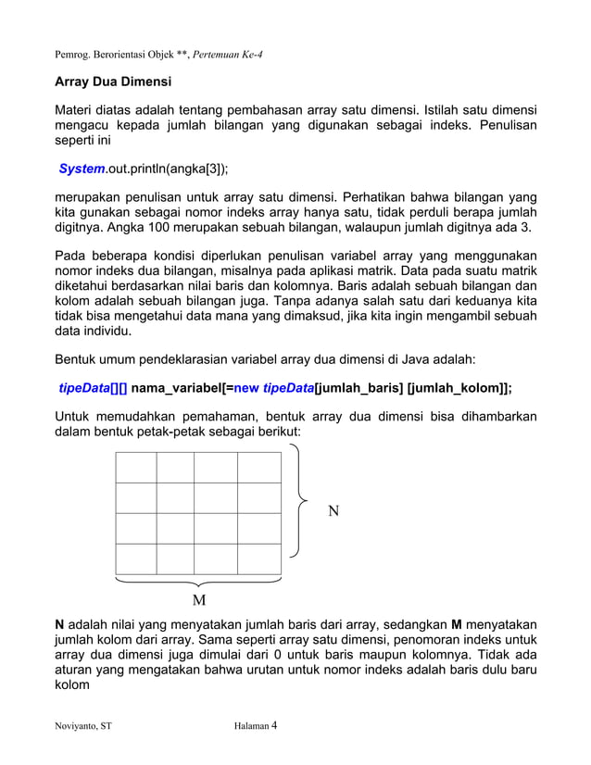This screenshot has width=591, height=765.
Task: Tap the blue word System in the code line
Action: (82, 169)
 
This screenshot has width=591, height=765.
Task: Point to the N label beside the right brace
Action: (334, 510)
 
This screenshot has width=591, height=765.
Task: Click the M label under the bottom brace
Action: (199, 603)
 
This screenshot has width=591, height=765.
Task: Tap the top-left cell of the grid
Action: (136, 468)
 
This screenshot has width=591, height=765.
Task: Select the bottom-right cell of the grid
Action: (259, 558)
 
